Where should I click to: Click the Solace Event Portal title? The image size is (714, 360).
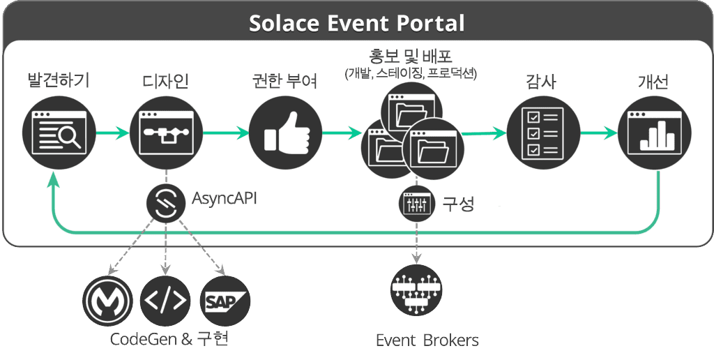(x=356, y=24)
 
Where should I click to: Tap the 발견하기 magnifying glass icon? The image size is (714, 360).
(x=59, y=133)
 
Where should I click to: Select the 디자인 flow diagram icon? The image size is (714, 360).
(x=166, y=133)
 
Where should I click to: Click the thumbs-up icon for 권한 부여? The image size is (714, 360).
(x=286, y=133)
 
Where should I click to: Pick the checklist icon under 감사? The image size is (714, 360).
(x=543, y=133)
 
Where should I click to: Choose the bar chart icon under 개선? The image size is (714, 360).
(x=654, y=133)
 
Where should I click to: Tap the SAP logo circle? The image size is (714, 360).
(x=225, y=301)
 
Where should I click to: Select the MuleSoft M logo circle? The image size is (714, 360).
(x=107, y=301)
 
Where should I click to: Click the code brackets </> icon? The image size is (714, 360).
(x=165, y=301)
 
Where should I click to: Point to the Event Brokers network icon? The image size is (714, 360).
(x=416, y=290)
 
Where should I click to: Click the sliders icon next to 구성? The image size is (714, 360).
(x=416, y=203)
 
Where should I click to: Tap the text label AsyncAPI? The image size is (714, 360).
(x=225, y=199)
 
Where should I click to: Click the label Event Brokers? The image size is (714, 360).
(x=427, y=340)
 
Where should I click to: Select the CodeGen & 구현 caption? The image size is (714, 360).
(x=169, y=339)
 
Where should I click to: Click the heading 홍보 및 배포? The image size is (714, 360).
(x=410, y=56)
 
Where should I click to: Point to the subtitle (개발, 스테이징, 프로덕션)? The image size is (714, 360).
(x=411, y=73)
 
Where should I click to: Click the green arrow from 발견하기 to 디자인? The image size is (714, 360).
(x=113, y=133)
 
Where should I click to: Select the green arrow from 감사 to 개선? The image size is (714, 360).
(x=599, y=133)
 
